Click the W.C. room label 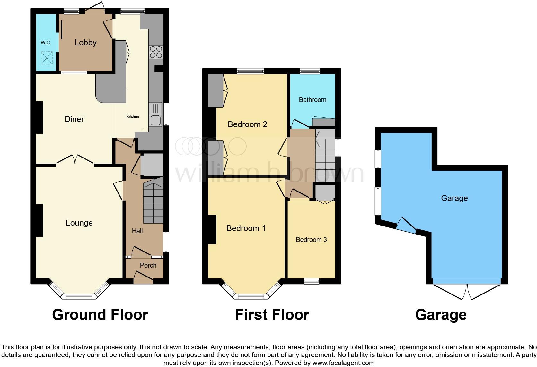pos(46,43)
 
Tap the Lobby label pos(85,42)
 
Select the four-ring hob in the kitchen pos(156,52)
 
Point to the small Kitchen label pos(133,117)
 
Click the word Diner pos(74,119)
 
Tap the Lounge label pos(79,223)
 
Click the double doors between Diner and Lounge pos(75,158)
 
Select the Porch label pos(148,265)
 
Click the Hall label pos(137,231)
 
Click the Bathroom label pos(313,100)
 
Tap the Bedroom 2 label pos(247,124)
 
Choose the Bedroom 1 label pos(246,228)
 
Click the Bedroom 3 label pos(311,240)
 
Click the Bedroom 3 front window pos(312,281)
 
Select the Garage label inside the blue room pos(454,198)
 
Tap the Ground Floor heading pos(100,315)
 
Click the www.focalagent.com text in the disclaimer pos(343,363)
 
